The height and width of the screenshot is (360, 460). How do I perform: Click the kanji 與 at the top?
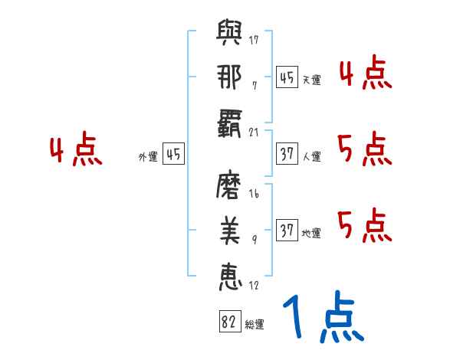pyautogui.click(x=231, y=34)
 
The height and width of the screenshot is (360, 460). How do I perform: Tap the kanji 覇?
pyautogui.click(x=231, y=121)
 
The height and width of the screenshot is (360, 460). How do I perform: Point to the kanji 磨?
pyautogui.click(x=231, y=186)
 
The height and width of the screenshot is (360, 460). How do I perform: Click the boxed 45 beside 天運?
pyautogui.click(x=287, y=77)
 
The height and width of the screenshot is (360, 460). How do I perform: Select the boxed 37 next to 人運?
pyautogui.click(x=287, y=154)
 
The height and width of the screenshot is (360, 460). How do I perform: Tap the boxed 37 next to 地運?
pyautogui.click(x=287, y=231)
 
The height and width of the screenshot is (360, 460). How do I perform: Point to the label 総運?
pyautogui.click(x=255, y=325)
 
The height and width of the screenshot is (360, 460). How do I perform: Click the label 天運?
pyautogui.click(x=311, y=80)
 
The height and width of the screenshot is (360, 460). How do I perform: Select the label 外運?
pyautogui.click(x=148, y=157)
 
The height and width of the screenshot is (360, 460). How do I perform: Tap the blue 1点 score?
pyautogui.click(x=322, y=319)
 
